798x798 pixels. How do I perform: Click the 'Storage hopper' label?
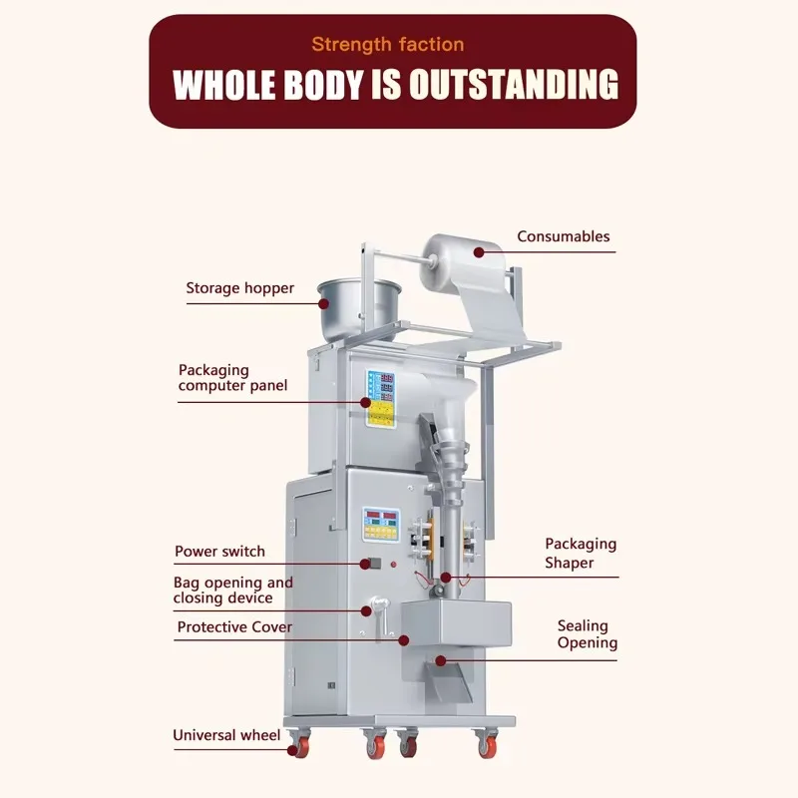pos(239,288)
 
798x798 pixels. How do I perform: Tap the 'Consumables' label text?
pos(563,236)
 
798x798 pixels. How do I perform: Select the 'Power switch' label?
pos(219,551)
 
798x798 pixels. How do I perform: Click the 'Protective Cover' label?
pos(234,627)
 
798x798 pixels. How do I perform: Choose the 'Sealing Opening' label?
pos(587,634)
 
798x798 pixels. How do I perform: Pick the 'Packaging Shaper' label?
pos(580,553)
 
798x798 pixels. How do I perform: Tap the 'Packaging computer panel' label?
pos(232,377)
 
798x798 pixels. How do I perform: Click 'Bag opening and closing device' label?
pos(232,590)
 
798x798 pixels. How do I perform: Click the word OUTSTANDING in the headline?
pos(511,85)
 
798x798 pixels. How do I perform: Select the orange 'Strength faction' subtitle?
pos(387,44)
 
